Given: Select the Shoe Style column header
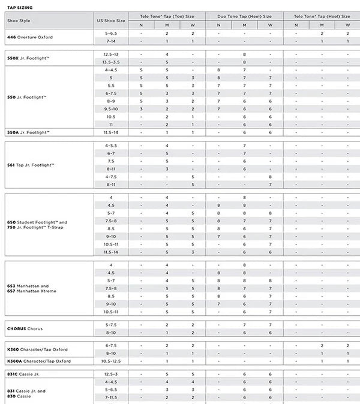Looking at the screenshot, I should (19, 20).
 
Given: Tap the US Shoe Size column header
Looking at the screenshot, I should (111, 20).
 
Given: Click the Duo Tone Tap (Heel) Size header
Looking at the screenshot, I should (244, 16).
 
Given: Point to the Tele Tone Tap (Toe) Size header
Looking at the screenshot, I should (167, 16).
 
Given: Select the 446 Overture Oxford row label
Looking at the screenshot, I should (30, 37).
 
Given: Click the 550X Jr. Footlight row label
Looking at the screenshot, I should (28, 58).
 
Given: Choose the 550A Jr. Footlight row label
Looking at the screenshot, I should (28, 132).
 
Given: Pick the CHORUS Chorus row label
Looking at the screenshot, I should (25, 328).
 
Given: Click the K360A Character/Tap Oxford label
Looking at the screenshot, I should (38, 361).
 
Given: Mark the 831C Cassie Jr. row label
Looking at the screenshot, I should (25, 373).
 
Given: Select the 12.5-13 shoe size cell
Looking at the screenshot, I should (111, 54).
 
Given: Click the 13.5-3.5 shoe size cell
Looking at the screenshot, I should (111, 62).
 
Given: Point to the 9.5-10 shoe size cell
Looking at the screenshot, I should (111, 109).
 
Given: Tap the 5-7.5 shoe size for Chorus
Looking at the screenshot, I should (111, 324).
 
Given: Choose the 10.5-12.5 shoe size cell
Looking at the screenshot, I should (111, 361).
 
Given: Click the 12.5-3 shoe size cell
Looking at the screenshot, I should (111, 373).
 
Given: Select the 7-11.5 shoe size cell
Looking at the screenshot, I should (111, 397).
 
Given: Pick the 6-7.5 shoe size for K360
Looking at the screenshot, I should (111, 345).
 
